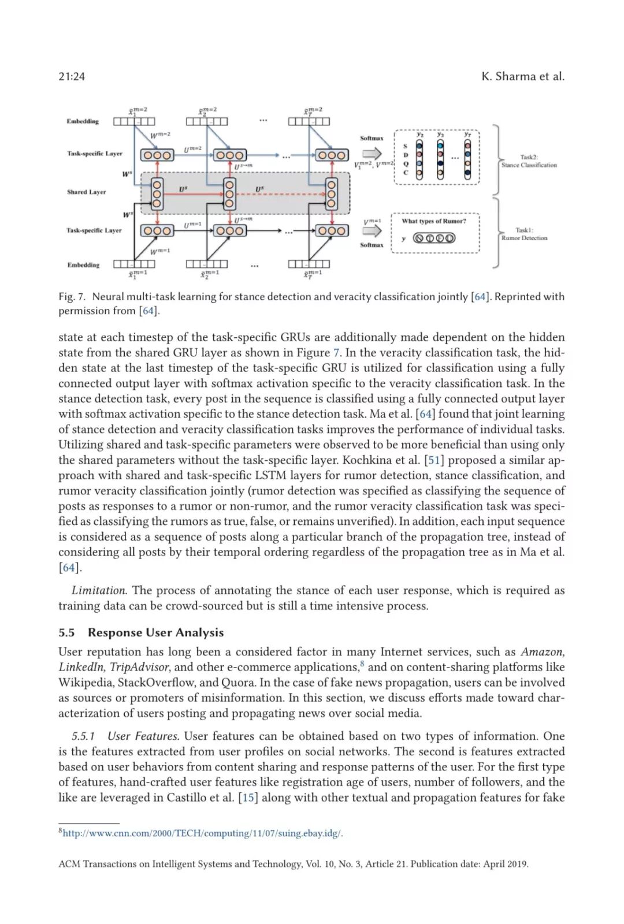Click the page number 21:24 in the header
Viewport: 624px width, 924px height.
tap(72, 76)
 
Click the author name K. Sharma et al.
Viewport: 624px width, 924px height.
tap(523, 76)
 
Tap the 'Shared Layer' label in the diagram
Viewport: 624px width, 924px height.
tap(86, 192)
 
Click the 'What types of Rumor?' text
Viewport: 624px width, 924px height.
tap(433, 221)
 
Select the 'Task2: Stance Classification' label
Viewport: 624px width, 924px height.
tap(529, 161)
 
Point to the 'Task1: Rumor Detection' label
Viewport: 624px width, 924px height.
tap(524, 234)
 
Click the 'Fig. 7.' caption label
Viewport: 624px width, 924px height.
tap(72, 296)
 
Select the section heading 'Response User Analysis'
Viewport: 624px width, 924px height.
tap(155, 632)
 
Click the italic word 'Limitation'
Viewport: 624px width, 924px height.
tap(99, 590)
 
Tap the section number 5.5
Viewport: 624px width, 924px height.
tap(67, 632)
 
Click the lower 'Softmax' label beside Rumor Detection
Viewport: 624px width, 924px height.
tap(372, 245)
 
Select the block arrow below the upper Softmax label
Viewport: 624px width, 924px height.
tap(372, 153)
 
